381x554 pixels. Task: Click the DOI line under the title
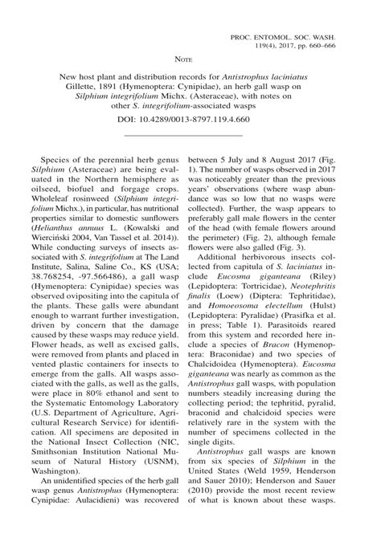coord(190,118)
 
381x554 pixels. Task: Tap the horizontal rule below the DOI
coord(190,133)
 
